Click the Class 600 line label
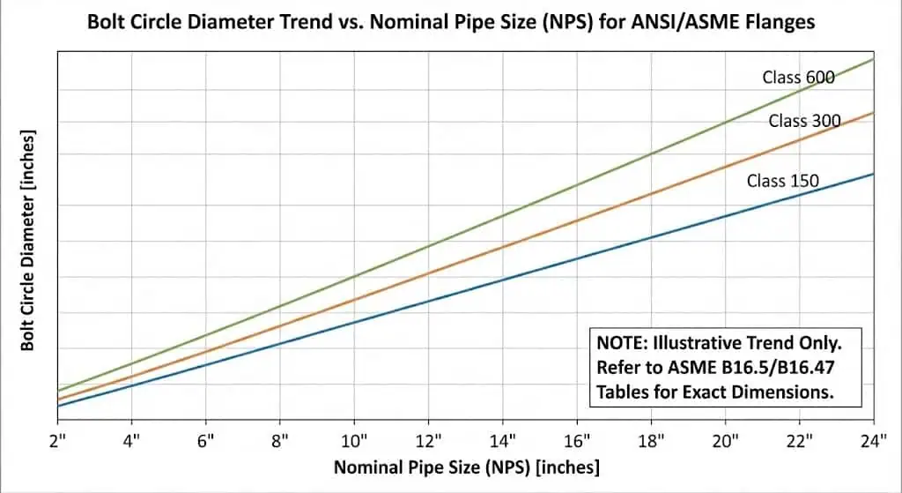[x=798, y=78]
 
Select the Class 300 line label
[x=804, y=121]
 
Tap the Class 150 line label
[x=782, y=181]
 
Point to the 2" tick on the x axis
[x=58, y=439]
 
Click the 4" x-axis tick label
[x=132, y=439]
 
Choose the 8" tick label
[x=280, y=439]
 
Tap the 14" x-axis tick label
[x=503, y=439]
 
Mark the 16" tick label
[x=577, y=439]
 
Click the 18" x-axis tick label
[x=651, y=439]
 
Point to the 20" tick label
[x=725, y=439]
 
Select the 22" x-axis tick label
[x=799, y=439]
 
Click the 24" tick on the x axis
[x=872, y=439]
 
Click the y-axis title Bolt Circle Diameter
[x=28, y=240]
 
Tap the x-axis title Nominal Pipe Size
[x=466, y=467]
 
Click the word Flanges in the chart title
[x=784, y=23]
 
